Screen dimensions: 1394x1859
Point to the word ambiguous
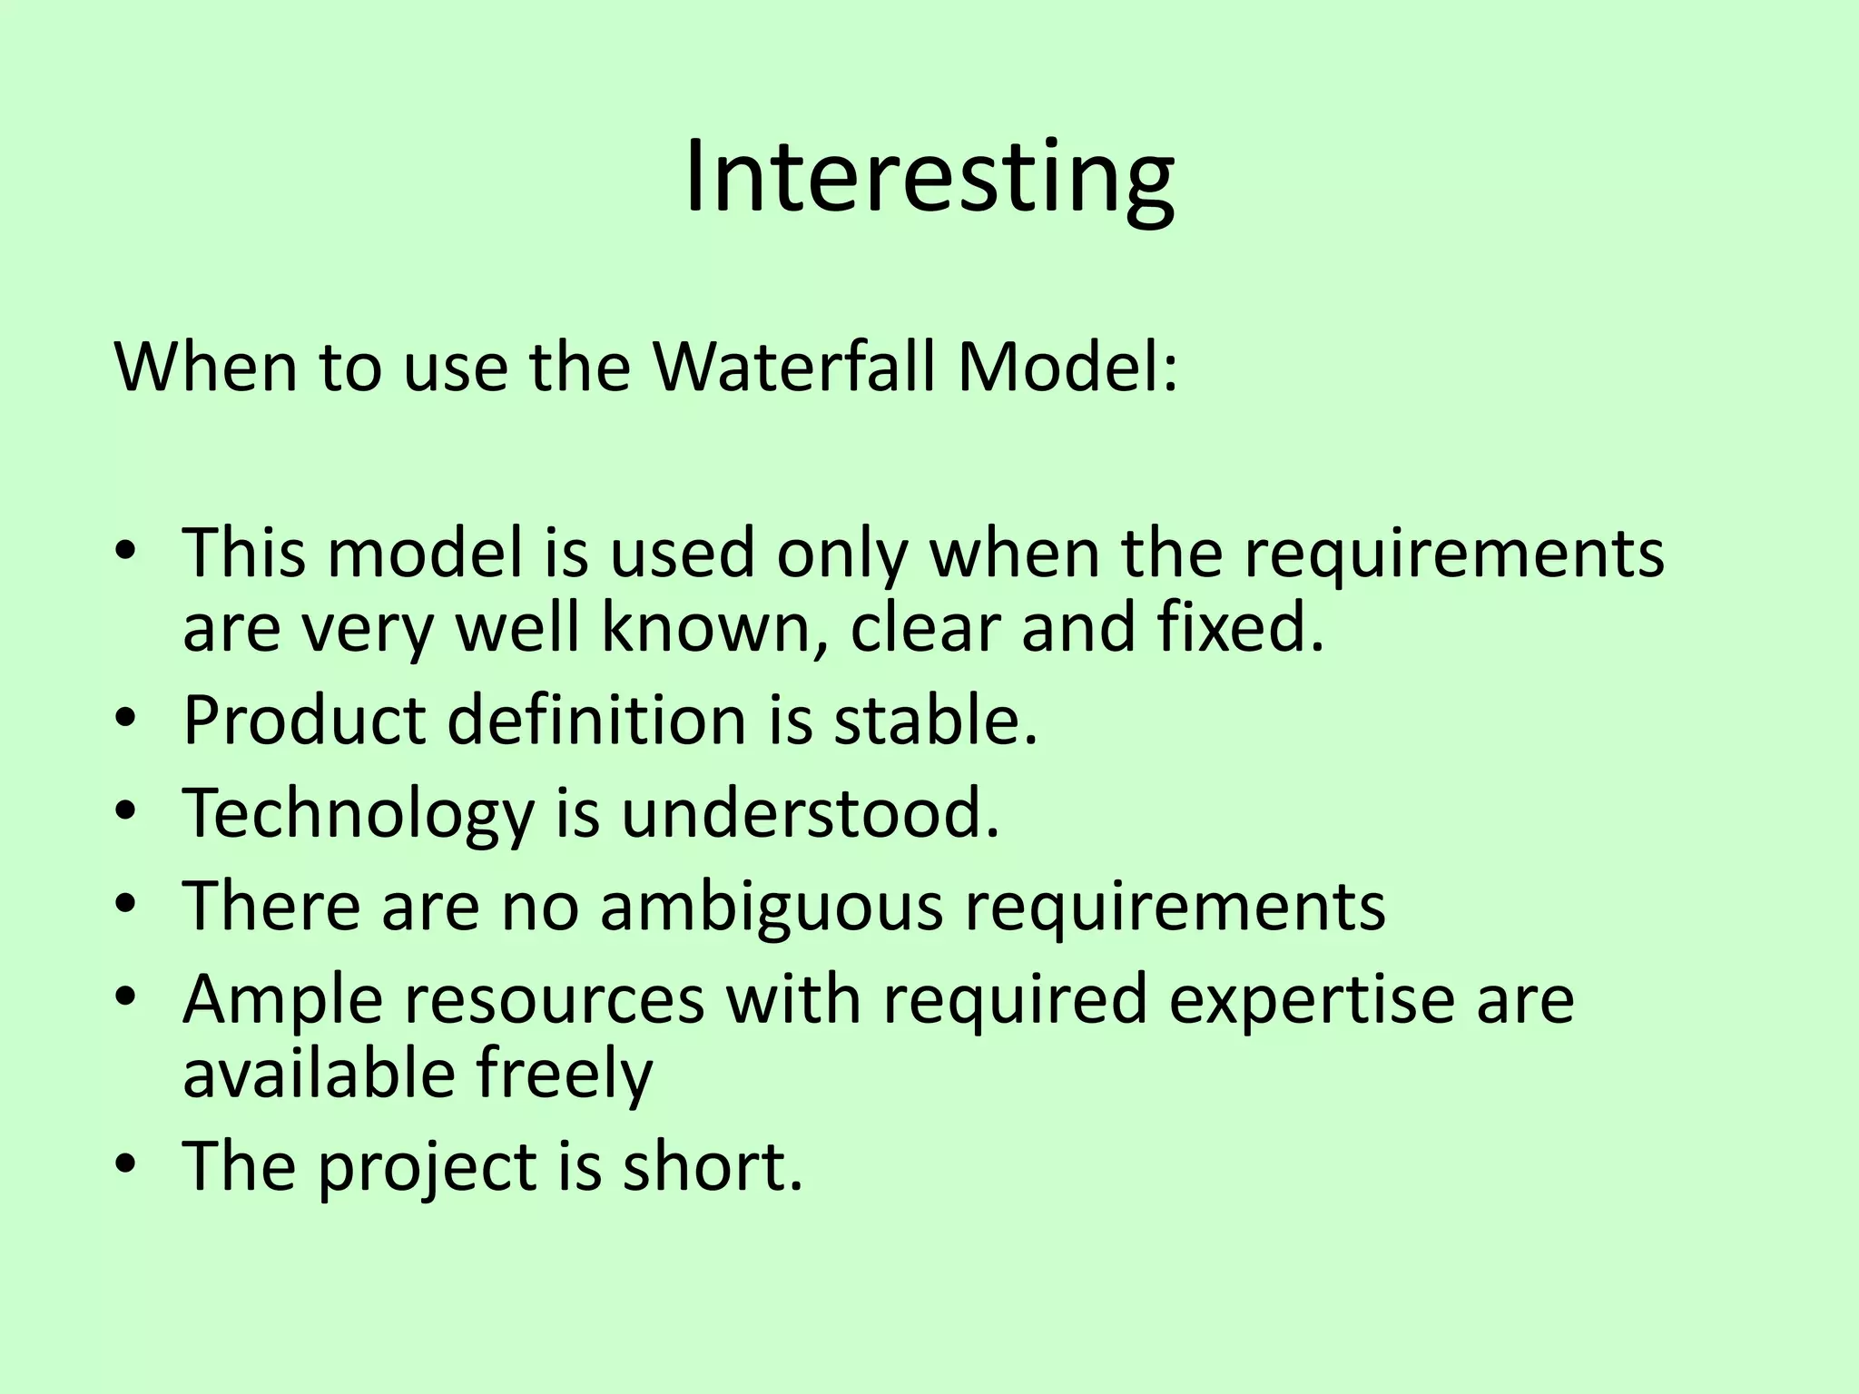[x=772, y=906]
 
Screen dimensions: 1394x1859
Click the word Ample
[x=283, y=1000]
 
